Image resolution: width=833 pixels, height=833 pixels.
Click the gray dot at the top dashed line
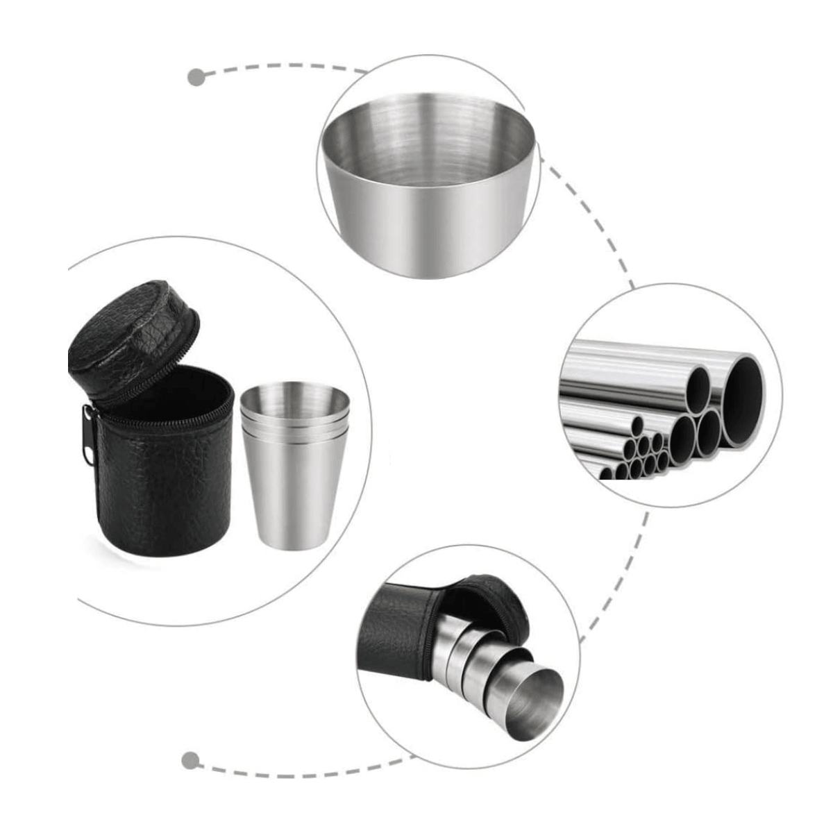(196, 76)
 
